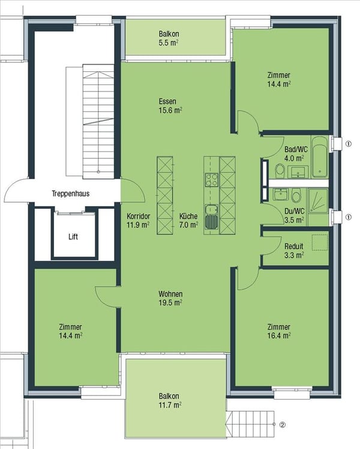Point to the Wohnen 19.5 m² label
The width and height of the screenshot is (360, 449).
(x=170, y=298)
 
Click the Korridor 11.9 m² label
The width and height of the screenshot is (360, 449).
(x=138, y=221)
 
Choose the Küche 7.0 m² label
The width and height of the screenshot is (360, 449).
(x=188, y=221)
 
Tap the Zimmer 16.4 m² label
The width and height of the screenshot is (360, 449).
(x=279, y=331)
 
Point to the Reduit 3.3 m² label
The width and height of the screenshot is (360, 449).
(x=294, y=250)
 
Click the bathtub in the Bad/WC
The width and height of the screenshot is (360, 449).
(x=320, y=157)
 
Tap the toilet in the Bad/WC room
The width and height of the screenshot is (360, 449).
(x=280, y=172)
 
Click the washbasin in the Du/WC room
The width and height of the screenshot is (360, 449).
(x=278, y=195)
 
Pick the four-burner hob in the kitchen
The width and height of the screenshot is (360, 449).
(x=211, y=179)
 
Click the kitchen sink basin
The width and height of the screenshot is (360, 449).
(x=211, y=221)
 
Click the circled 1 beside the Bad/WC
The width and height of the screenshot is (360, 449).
(x=348, y=143)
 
